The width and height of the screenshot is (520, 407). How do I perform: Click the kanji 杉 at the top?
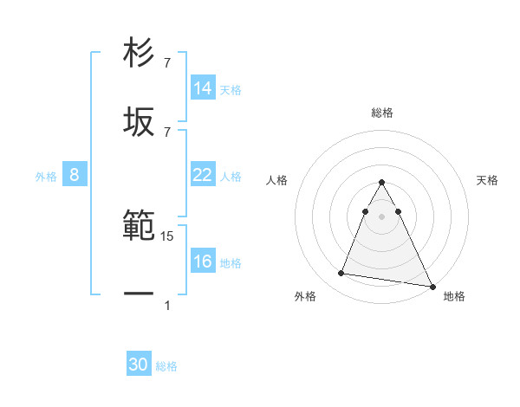tap(140, 54)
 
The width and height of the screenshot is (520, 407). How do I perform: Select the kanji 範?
tap(140, 227)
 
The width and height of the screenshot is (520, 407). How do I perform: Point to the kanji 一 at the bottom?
tap(140, 295)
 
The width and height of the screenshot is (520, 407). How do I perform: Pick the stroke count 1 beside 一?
tap(167, 305)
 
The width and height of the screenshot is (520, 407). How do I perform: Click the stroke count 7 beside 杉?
tap(167, 62)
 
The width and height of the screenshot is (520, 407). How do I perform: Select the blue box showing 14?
tap(202, 88)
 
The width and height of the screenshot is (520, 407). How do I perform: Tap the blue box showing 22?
tap(202, 175)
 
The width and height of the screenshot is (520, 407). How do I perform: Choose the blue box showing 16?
tap(202, 262)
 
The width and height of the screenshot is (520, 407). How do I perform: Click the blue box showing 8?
tap(75, 175)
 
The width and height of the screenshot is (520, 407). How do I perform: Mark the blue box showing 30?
tap(139, 365)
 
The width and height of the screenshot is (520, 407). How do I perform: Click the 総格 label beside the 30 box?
tap(166, 366)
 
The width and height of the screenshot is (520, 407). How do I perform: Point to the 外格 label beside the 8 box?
tap(46, 177)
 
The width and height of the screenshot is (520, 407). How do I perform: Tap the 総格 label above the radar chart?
tap(382, 113)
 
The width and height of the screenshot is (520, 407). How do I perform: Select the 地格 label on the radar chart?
tap(454, 296)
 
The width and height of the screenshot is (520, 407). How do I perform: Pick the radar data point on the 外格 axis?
tap(341, 274)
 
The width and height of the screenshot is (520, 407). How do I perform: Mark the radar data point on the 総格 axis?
tap(382, 183)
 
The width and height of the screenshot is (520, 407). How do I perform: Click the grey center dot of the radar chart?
tap(382, 215)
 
